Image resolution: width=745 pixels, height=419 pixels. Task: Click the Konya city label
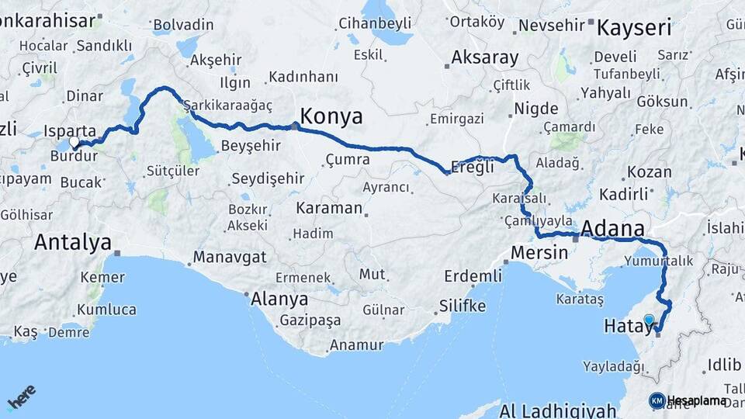(331, 116)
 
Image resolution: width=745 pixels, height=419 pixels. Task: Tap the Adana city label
(612, 229)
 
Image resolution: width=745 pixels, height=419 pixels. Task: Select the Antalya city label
(73, 242)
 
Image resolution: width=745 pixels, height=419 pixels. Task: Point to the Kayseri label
(633, 29)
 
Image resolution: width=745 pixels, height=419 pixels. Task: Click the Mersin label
(540, 252)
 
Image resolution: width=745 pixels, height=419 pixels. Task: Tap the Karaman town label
(329, 208)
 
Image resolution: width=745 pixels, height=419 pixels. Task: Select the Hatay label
(627, 328)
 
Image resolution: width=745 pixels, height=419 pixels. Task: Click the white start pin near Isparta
(75, 143)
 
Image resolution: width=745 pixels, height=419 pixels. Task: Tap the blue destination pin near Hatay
(649, 319)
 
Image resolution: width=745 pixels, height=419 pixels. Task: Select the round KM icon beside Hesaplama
(657, 401)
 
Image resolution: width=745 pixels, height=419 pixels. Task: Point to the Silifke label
(462, 306)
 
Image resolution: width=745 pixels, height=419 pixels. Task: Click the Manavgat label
(230, 256)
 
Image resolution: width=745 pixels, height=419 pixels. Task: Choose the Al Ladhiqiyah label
(558, 410)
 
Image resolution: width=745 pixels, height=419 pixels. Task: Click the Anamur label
(356, 345)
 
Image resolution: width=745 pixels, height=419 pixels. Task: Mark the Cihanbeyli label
(375, 23)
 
